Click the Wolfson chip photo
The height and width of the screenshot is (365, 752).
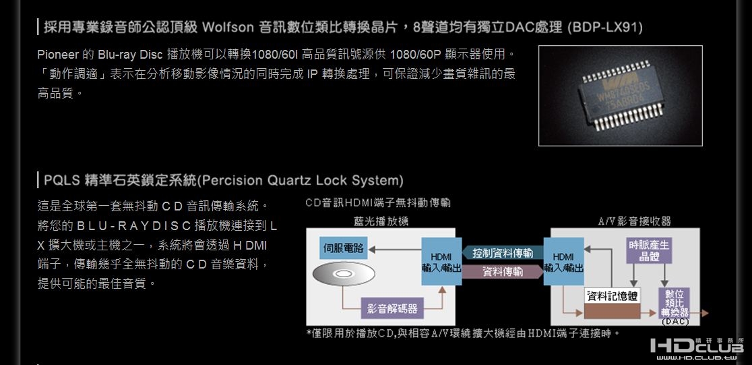tap(620, 95)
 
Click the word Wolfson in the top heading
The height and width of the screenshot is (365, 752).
tap(226, 28)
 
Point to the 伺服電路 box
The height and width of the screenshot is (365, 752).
tap(342, 249)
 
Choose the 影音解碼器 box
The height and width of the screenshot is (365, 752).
tap(392, 309)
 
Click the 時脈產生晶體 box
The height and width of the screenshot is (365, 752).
tap(648, 251)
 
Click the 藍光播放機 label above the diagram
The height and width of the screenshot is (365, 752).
tap(381, 221)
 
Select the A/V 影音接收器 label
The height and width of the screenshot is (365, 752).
tap(634, 221)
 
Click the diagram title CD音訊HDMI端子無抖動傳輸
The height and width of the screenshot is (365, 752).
tap(377, 202)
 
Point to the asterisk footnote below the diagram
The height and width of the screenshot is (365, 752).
tap(462, 333)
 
